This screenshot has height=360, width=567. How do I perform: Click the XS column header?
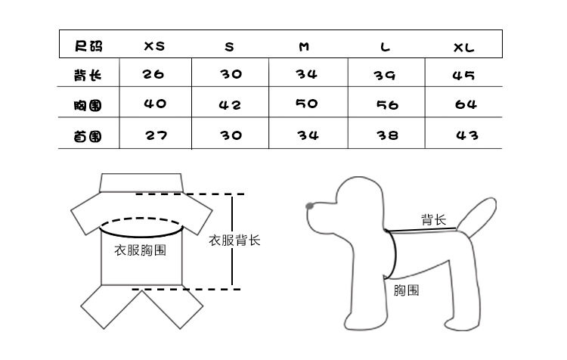154,46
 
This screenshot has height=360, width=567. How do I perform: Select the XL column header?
463,47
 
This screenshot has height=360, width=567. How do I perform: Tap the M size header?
304,47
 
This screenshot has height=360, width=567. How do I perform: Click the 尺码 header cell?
88,46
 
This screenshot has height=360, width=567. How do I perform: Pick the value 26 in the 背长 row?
153,75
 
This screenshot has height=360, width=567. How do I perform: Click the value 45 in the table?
463,76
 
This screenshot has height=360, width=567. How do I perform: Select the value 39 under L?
386,76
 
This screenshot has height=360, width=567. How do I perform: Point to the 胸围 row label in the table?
88,105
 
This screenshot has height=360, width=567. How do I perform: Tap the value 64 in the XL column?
466,105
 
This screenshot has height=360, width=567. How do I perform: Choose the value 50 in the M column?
306,104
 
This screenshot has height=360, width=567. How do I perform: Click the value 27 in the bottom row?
156,135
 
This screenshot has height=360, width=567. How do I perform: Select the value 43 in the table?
467,135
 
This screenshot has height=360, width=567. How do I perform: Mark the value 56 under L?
387,106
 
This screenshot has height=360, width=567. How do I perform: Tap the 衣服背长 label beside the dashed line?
234,241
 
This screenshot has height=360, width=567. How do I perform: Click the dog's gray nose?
309,205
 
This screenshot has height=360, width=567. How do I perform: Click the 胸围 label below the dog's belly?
407,290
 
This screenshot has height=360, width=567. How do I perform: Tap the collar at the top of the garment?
143,182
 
